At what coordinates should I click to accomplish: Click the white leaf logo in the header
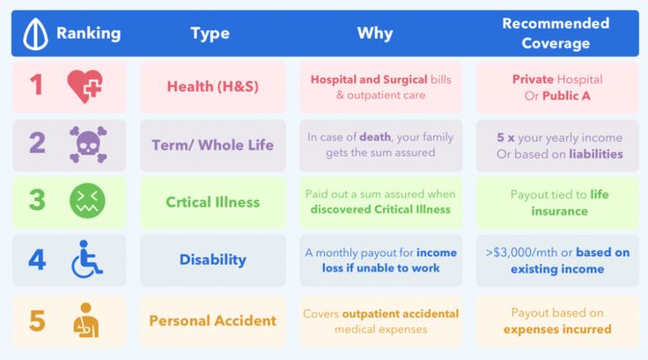[35, 34]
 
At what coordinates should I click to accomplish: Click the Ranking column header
[88, 33]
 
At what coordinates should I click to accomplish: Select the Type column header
[210, 33]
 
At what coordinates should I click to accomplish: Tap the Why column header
[375, 33]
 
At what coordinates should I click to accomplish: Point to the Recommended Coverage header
[556, 33]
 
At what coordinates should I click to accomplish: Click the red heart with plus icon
[85, 86]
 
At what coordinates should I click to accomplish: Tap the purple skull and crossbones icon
[88, 144]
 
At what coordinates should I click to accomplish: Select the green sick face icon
[87, 201]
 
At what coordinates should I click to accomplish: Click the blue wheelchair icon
[86, 259]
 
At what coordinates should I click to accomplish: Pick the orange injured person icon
[86, 320]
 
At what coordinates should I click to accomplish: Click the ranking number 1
[36, 84]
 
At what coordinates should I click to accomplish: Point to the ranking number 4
[37, 260]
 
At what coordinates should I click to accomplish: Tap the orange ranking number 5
[37, 320]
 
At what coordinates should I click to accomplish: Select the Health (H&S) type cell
[213, 87]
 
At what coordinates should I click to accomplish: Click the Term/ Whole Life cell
[213, 145]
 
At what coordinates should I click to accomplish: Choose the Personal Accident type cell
[213, 320]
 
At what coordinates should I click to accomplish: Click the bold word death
[375, 136]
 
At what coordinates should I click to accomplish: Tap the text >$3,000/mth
[522, 252]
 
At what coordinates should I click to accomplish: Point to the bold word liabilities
[595, 154]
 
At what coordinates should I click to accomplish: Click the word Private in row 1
[533, 79]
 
